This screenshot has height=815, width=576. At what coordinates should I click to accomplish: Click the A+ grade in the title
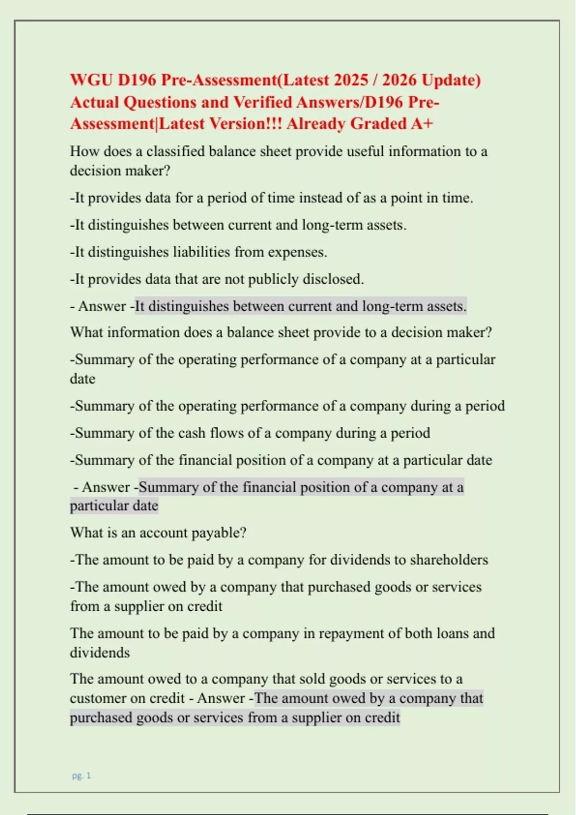(422, 124)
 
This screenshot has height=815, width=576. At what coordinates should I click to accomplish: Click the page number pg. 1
(81, 776)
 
